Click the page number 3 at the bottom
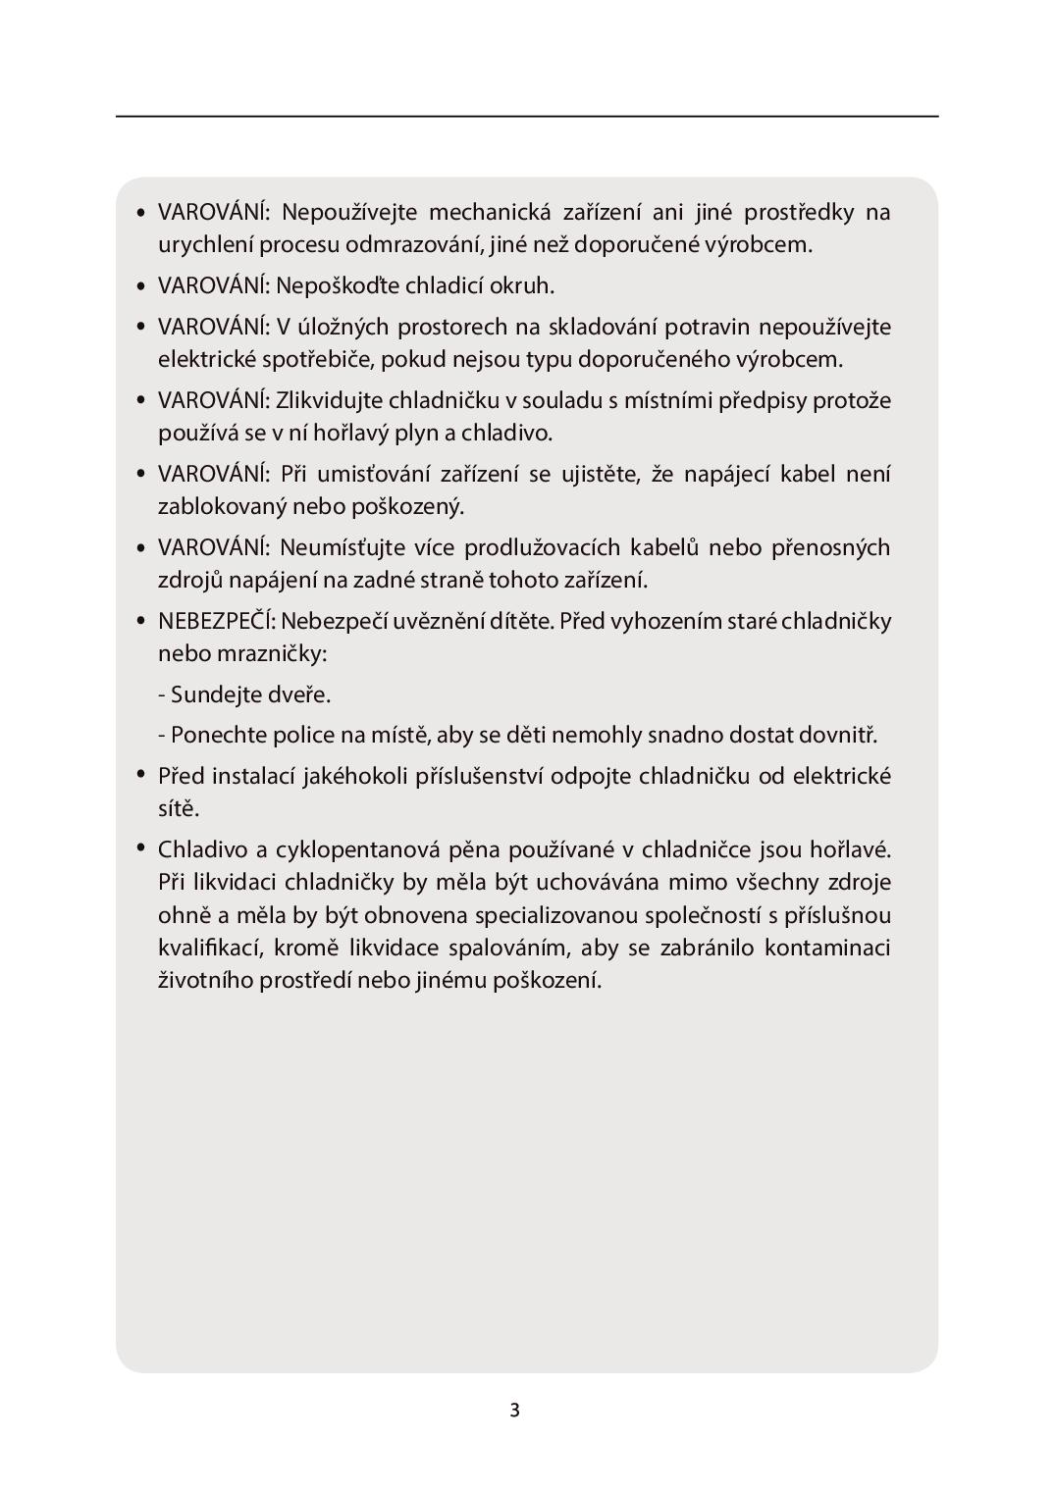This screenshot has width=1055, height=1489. (514, 1411)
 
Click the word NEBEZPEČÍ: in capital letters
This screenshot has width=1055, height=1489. (216, 621)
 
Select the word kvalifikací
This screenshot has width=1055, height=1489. (209, 948)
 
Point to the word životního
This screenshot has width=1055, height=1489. (205, 980)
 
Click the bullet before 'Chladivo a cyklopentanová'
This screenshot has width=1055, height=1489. (140, 847)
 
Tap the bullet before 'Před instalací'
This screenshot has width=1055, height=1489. (140, 774)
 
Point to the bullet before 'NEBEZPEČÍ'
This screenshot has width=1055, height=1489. (140, 622)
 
